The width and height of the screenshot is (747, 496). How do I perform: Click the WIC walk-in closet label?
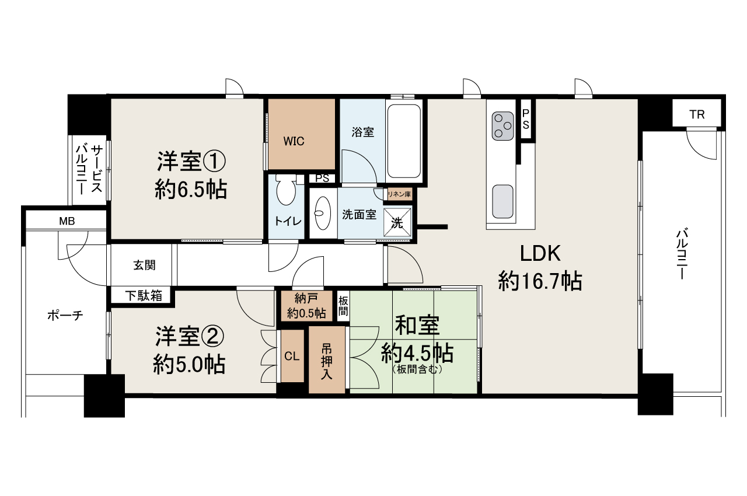tap(294, 141)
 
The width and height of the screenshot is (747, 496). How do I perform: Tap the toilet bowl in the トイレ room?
tap(285, 191)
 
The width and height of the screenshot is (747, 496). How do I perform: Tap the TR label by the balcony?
tap(697, 114)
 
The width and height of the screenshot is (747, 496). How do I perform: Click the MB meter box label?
tap(66, 221)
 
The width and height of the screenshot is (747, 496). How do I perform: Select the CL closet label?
tap(292, 357)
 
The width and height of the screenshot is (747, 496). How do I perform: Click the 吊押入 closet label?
tap(327, 360)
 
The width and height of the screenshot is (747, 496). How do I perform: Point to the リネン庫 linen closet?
tap(400, 193)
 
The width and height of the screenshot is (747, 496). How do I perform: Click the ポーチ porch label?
tap(65, 316)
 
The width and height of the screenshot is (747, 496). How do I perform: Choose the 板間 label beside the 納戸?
tap(343, 306)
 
